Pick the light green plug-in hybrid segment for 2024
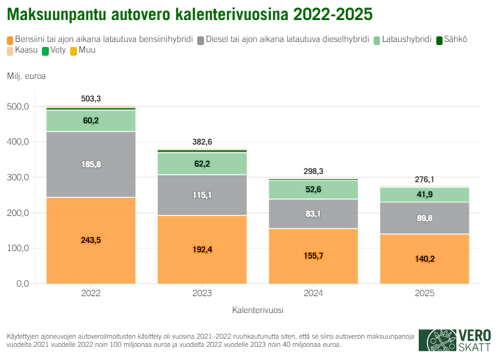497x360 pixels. click(313, 189)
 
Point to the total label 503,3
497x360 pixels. click(91, 99)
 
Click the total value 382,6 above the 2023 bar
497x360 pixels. click(202, 142)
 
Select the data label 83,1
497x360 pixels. click(313, 213)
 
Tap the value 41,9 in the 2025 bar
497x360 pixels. click(424, 195)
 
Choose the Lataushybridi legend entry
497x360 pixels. click(404, 39)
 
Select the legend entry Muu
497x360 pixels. click(83, 49)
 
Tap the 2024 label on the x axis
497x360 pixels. click(313, 293)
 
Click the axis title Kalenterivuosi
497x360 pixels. click(257, 309)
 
